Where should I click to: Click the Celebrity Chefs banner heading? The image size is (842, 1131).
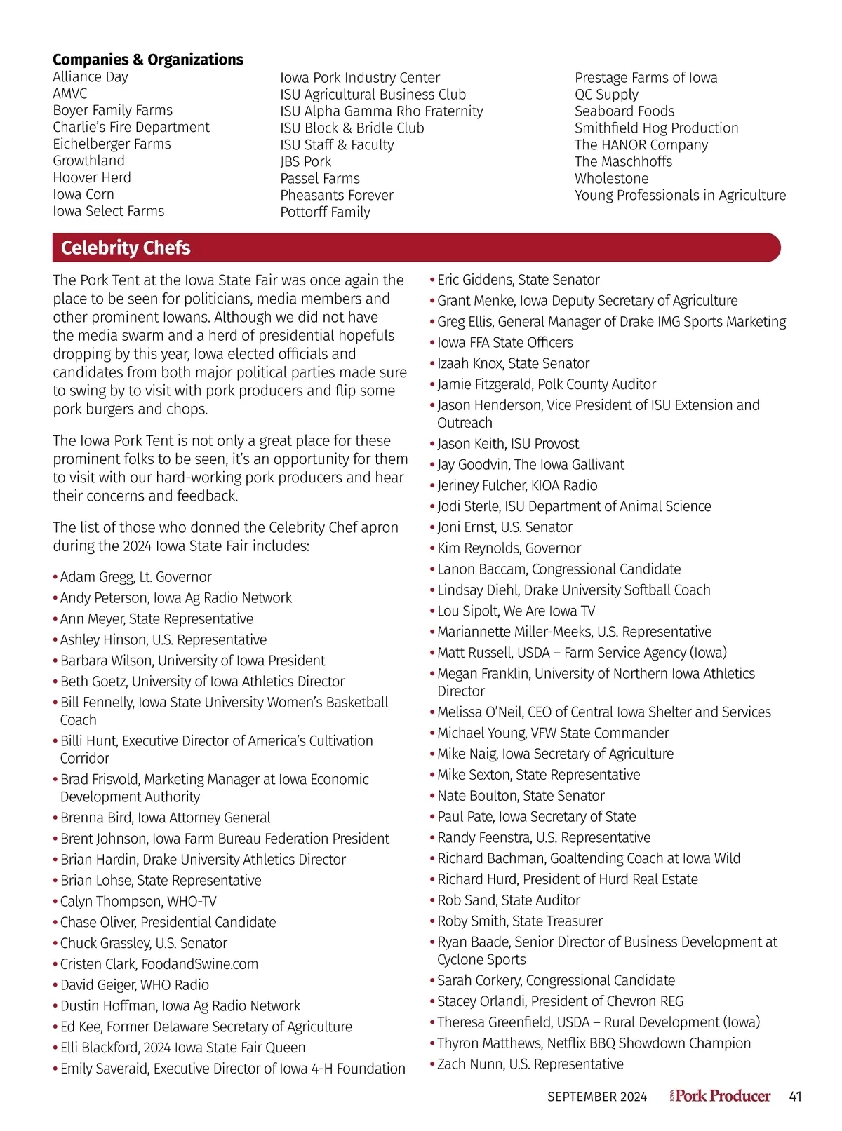click(x=126, y=248)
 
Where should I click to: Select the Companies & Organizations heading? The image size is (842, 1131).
click(x=148, y=60)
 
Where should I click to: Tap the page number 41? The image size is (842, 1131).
click(x=795, y=1097)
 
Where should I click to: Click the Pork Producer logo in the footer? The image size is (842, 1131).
click(x=721, y=1096)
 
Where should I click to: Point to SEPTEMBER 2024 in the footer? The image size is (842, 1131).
click(x=597, y=1097)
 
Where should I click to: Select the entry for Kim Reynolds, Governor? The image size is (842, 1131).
click(x=509, y=548)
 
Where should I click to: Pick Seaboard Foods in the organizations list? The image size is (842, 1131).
click(x=624, y=111)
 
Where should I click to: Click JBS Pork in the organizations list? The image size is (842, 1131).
click(x=306, y=162)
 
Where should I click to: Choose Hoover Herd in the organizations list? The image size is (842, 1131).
click(x=92, y=177)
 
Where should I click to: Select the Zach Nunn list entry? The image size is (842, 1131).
click(x=530, y=1064)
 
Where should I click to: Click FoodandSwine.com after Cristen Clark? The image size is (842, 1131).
click(x=199, y=964)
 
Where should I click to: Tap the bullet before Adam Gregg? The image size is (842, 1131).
click(x=55, y=577)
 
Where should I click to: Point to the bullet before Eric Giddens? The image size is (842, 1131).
click(x=432, y=280)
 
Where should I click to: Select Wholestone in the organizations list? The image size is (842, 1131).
click(x=611, y=179)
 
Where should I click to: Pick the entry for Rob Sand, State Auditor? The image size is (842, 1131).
click(x=508, y=900)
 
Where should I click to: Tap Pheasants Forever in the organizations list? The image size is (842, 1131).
click(x=337, y=196)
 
